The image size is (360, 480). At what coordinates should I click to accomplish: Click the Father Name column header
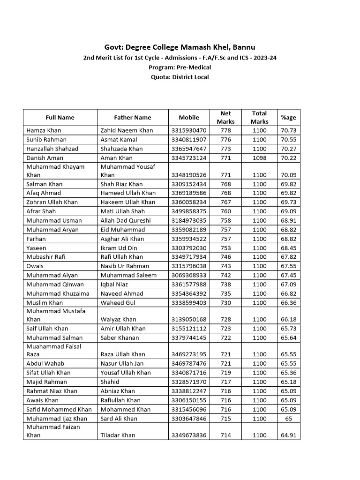133,118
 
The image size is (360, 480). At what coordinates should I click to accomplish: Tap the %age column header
288,118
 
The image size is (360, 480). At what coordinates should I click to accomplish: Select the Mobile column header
189,118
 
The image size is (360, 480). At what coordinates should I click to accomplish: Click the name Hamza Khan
44,130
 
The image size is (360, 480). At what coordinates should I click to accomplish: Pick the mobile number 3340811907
189,140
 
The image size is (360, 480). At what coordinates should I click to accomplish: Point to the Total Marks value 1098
259,158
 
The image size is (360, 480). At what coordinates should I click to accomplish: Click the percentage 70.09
288,175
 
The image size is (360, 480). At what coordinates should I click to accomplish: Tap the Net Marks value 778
225,130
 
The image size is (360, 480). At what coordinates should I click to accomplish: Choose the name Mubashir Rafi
46,257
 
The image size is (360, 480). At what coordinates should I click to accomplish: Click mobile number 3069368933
189,275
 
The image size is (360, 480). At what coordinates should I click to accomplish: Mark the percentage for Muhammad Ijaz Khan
288,419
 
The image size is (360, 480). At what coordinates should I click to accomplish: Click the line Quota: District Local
180,77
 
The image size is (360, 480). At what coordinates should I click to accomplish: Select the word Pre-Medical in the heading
193,67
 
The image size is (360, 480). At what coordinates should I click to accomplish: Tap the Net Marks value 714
225,435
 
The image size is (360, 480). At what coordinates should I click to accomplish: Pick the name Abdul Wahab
45,363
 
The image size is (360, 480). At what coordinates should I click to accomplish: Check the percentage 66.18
288,320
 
